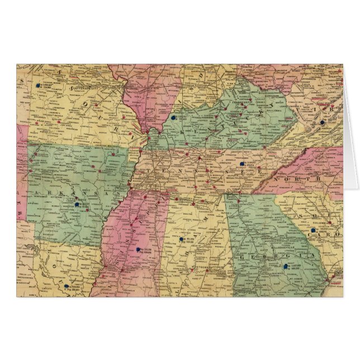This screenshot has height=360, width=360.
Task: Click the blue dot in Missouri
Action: coord(39,86)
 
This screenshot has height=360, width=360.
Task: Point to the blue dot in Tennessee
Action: coord(241,164)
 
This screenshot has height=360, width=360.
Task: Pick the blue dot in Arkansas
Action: coord(77,205)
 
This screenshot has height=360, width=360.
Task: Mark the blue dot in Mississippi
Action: coord(138,249)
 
